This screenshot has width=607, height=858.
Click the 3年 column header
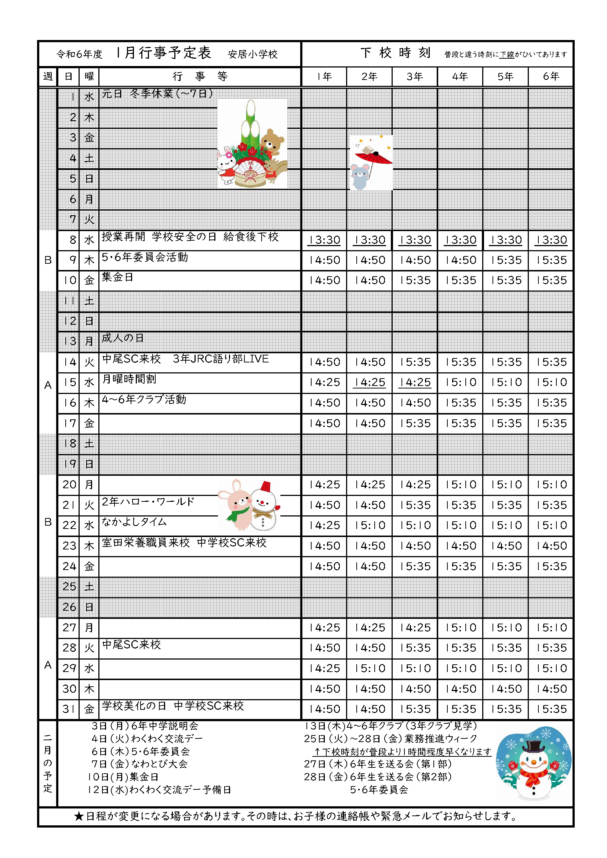[414, 77]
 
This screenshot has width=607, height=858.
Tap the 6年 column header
[551, 77]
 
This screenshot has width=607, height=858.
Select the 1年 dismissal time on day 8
[324, 240]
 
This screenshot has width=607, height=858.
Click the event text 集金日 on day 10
[117, 277]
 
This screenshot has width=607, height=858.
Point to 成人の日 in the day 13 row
[123, 338]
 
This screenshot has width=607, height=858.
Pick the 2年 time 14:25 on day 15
[370, 382]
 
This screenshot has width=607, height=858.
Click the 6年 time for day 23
[551, 546]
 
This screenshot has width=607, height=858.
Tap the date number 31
[69, 709]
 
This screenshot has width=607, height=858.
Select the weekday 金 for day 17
[89, 423]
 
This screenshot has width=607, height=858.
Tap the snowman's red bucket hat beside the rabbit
[265, 486]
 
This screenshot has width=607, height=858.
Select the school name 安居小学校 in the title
[252, 55]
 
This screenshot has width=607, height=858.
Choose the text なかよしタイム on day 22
[134, 522]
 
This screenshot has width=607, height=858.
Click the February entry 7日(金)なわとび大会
[139, 764]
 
